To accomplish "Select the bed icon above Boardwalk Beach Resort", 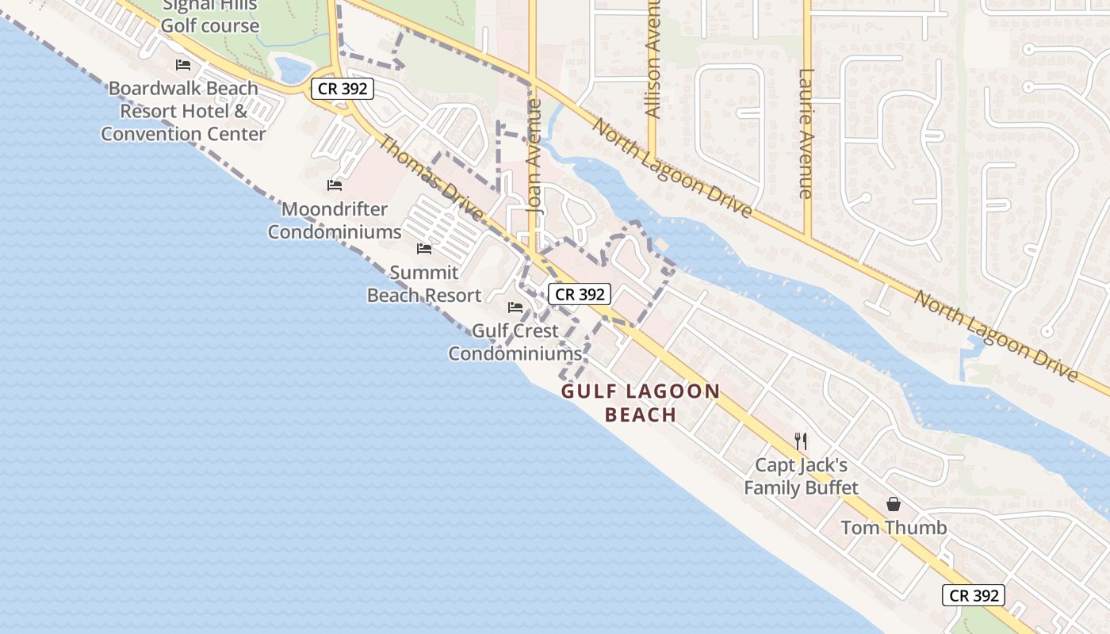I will pyautogui.click(x=183, y=64).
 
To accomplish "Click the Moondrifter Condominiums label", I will pyautogui.click(x=335, y=220).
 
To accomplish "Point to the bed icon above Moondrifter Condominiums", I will pyautogui.click(x=335, y=185).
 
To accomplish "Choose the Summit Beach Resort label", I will pyautogui.click(x=424, y=284).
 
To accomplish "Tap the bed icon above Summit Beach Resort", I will pyautogui.click(x=424, y=249).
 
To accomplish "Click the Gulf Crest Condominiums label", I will pyautogui.click(x=515, y=342).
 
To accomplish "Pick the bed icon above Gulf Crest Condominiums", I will pyautogui.click(x=515, y=307).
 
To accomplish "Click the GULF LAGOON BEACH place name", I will pyautogui.click(x=641, y=403).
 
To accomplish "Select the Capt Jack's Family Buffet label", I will pyautogui.click(x=801, y=475).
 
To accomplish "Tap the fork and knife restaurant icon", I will pyautogui.click(x=801, y=441).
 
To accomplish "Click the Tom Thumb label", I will pyautogui.click(x=894, y=527).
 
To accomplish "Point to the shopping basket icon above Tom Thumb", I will pyautogui.click(x=894, y=504).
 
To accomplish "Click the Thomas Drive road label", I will pyautogui.click(x=431, y=179).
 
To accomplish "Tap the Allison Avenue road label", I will pyautogui.click(x=653, y=63).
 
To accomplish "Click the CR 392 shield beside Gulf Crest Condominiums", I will pyautogui.click(x=580, y=294).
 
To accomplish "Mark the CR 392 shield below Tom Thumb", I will pyautogui.click(x=974, y=595).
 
